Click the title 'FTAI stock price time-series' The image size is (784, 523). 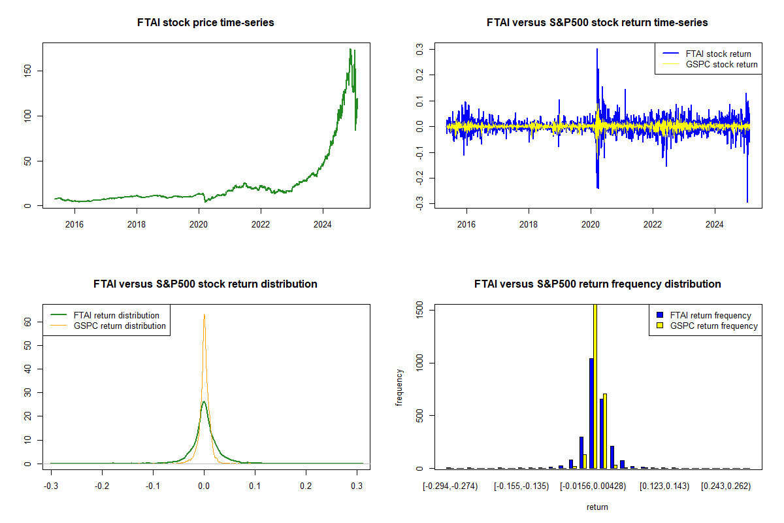click(206, 23)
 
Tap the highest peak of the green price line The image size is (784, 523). click(351, 49)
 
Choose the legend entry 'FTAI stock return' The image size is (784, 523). click(718, 54)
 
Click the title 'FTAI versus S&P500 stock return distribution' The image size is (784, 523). click(206, 284)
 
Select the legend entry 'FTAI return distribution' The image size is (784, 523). click(116, 316)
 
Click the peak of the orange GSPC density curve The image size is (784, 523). click(204, 314)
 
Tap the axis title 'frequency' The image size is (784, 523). click(400, 387)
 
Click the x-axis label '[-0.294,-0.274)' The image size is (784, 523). click(450, 486)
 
